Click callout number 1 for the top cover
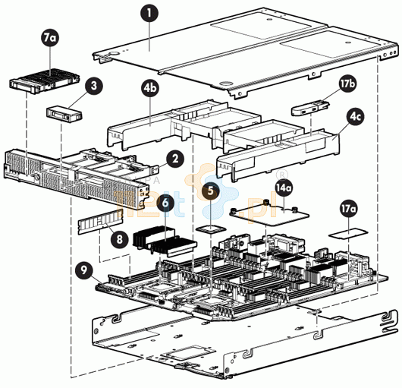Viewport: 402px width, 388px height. pos(149,13)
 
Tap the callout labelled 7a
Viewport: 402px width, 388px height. pos(50,37)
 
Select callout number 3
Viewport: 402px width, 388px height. pos(94,86)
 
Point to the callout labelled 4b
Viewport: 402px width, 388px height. pos(150,88)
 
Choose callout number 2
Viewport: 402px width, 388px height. pos(175,159)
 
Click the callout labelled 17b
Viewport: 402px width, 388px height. pos(347,84)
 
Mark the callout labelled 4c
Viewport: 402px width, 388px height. pos(355,116)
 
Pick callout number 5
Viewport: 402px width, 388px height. pos(210,191)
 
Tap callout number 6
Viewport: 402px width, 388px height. pos(165,203)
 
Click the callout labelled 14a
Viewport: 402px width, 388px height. pos(284,188)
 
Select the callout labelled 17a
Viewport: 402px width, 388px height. pos(348,208)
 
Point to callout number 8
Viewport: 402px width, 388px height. pos(120,239)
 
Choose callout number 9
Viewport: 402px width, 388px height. pos(84,270)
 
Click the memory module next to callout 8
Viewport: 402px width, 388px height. pos(100,221)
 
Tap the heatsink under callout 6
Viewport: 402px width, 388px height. pos(164,241)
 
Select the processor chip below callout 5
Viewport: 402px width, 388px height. pos(211,229)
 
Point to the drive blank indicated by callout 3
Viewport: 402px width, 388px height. pos(64,113)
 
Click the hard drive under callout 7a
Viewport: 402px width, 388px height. pos(44,80)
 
